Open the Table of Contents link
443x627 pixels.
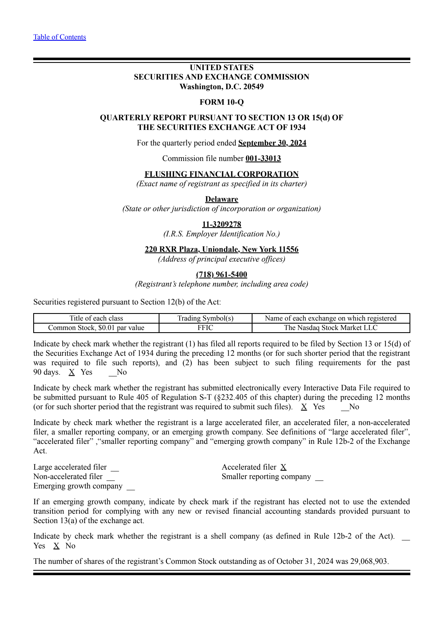[x=60, y=37]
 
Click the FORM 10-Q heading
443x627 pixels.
[x=221, y=102]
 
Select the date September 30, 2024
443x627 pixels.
[x=272, y=143]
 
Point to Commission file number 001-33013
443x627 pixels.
[x=263, y=158]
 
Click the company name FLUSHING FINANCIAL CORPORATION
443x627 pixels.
[x=221, y=174]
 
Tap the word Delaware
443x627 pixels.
[x=221, y=199]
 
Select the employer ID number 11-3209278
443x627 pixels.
[x=221, y=224]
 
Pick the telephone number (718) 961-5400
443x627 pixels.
[x=221, y=275]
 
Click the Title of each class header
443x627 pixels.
[x=96, y=318]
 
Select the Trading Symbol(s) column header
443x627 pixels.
[x=205, y=318]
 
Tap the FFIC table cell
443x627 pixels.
[x=205, y=328]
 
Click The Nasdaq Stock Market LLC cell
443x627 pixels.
[x=331, y=328]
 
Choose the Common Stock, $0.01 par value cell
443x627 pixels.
[x=96, y=328]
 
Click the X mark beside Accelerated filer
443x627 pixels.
[x=283, y=467]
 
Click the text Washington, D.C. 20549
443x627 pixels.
[x=221, y=87]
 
